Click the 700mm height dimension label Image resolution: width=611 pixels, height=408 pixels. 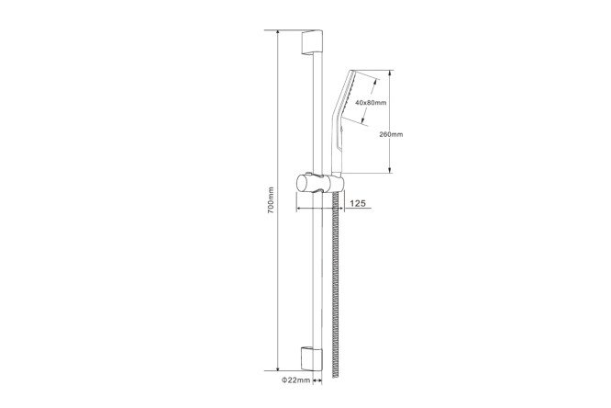point(272,199)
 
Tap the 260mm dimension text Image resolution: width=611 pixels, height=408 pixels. point(391,134)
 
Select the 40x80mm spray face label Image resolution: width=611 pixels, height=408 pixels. point(371,103)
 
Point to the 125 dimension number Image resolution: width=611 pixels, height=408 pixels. point(358,203)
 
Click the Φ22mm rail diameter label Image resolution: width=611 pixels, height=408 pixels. point(295,380)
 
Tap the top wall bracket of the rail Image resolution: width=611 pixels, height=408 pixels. point(312,42)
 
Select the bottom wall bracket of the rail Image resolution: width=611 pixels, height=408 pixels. point(312,358)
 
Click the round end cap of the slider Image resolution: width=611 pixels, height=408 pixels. point(301,184)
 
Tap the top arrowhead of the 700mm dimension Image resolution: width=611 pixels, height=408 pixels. point(278,33)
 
